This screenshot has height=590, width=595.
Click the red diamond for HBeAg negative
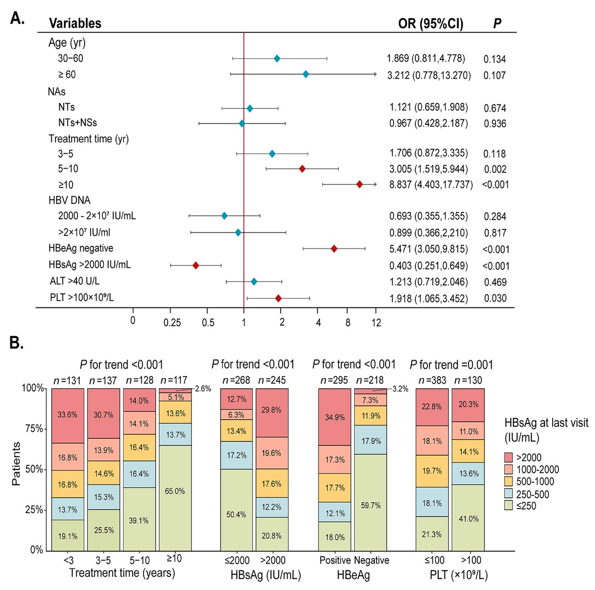pos(334,249)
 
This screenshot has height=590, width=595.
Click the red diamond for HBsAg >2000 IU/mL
pos(196,265)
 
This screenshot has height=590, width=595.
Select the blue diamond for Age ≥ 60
pos(306,74)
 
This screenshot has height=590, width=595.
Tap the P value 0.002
pos(494,169)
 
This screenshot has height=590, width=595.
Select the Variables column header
pos(75,24)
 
